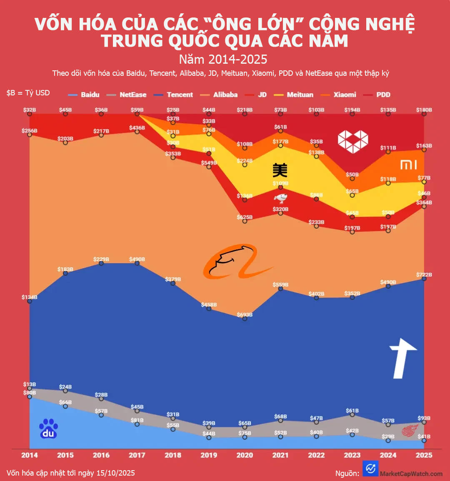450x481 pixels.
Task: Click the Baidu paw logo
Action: (x=48, y=429)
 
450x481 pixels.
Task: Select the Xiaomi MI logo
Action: (x=408, y=165)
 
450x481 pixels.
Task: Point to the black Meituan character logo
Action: (x=280, y=170)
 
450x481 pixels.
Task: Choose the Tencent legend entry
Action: (x=180, y=95)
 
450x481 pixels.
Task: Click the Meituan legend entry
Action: (x=300, y=95)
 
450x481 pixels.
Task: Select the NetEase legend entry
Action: (x=132, y=95)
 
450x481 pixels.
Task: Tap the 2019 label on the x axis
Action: (x=209, y=455)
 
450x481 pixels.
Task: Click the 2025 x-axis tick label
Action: (x=424, y=455)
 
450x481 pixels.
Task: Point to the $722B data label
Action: (x=424, y=275)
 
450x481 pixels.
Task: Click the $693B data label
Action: (x=245, y=315)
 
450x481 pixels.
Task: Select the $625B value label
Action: (x=245, y=217)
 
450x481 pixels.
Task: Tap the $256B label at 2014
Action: (x=30, y=131)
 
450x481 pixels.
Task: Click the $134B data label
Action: (x=30, y=297)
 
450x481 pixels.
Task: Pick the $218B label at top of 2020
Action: (x=245, y=110)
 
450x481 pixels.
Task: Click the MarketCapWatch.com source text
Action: (x=411, y=474)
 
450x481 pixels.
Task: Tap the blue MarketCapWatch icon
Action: (x=370, y=469)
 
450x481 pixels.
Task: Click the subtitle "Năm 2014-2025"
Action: (x=223, y=60)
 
